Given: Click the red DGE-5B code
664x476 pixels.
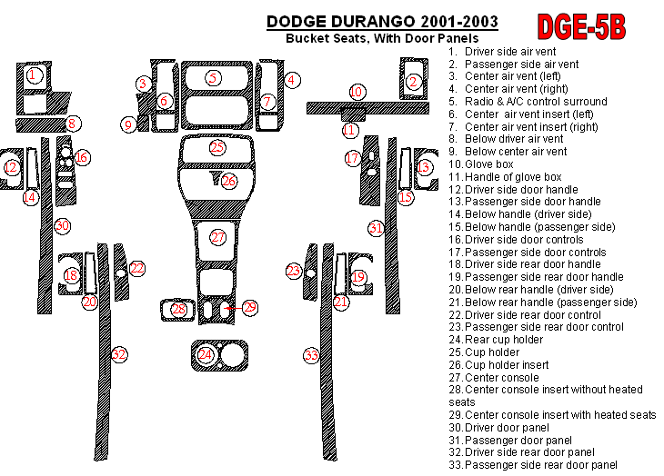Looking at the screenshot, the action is [581, 27].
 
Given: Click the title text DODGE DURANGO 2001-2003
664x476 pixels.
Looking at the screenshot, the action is [382, 22].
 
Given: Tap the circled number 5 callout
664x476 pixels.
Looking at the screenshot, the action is [213, 78].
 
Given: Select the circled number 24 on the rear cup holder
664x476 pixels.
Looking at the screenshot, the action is [205, 354].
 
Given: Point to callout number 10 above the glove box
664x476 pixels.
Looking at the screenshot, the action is [357, 92].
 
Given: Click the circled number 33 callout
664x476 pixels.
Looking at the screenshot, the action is [311, 355].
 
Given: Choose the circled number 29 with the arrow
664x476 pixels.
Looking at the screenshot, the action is [250, 307].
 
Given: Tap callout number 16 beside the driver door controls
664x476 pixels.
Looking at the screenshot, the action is [82, 158].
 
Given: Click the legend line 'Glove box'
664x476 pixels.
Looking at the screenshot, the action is [481, 164].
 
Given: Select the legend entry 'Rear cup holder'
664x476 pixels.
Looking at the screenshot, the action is [496, 340].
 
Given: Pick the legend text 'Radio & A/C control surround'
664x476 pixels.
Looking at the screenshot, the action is [528, 102].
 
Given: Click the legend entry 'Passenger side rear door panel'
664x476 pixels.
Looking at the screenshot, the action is [533, 465].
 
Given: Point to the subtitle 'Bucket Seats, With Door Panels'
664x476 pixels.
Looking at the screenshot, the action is [382, 38].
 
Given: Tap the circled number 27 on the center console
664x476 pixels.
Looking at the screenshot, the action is [217, 237].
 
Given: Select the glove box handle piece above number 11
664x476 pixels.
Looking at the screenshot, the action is [353, 114].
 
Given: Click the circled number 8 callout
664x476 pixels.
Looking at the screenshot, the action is [72, 124].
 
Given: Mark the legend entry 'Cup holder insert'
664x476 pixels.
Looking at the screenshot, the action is [498, 365].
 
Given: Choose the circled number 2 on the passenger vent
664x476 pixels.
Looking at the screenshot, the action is [413, 82].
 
